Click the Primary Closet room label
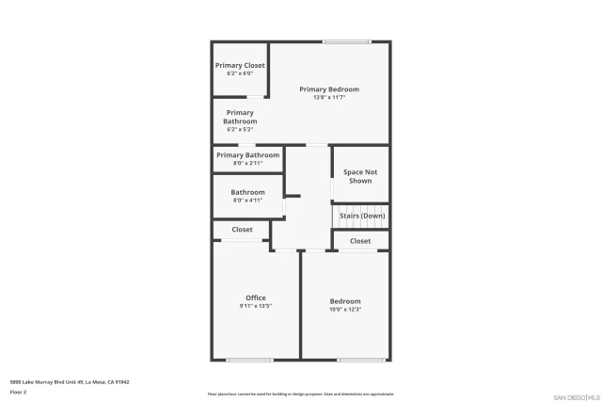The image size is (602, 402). [240, 65]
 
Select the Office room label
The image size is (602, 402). [256, 297]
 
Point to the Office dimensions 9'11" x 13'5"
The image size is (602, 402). [256, 306]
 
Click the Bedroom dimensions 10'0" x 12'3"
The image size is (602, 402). [345, 309]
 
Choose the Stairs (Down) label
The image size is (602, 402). [362, 216]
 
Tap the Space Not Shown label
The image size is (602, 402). [360, 176]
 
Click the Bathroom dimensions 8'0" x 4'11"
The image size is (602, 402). [248, 201]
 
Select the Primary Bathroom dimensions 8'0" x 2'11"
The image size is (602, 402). [248, 163]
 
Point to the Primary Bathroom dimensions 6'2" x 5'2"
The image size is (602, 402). [240, 129]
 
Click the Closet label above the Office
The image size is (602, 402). [242, 230]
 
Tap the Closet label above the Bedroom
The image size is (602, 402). [360, 241]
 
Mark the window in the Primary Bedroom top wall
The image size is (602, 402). [346, 41]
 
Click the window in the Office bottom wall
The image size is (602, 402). [249, 359]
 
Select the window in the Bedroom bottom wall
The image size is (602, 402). [361, 359]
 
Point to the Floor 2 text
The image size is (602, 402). [19, 391]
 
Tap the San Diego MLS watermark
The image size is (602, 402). [576, 396]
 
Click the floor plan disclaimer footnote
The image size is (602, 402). [301, 394]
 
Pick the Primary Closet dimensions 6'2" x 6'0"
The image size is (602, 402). [240, 72]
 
